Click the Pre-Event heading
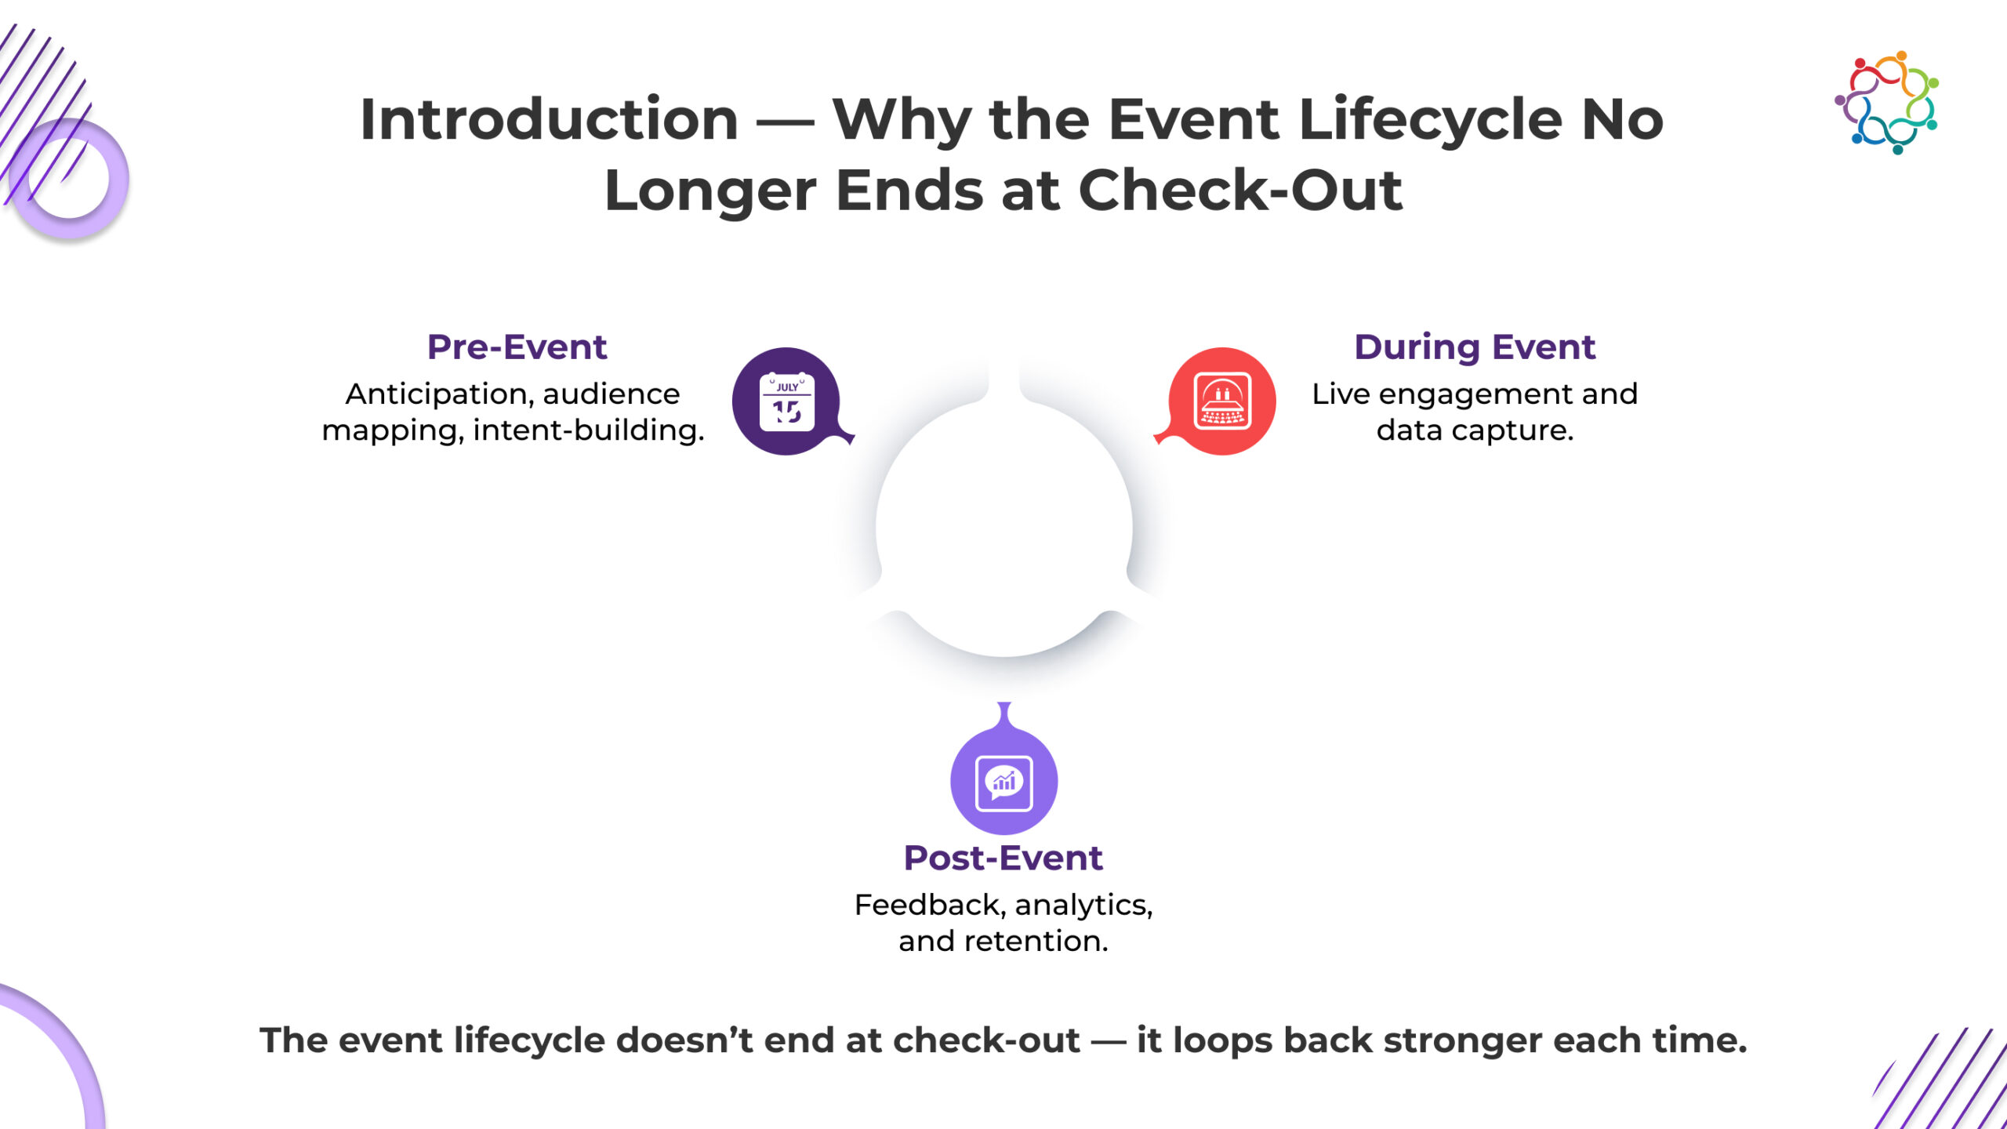(x=517, y=347)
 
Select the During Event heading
(x=1475, y=347)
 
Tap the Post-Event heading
(x=1003, y=858)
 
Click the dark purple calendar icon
(x=787, y=401)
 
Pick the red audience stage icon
(x=1221, y=401)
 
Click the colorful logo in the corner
(x=1887, y=103)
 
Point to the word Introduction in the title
(x=549, y=119)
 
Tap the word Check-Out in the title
(x=1240, y=191)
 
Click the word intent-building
(x=589, y=430)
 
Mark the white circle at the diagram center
(x=1003, y=527)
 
